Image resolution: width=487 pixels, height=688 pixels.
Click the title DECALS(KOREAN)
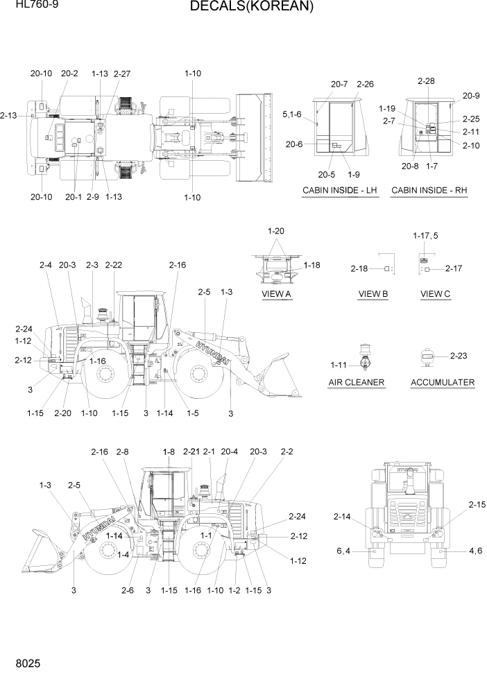click(x=242, y=7)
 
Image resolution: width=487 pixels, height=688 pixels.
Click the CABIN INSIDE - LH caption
click(x=340, y=190)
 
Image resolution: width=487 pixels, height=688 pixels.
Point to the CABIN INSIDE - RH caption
click(x=429, y=190)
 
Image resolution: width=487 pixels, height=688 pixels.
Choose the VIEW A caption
click(x=276, y=294)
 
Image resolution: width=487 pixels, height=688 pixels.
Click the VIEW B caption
click(x=373, y=294)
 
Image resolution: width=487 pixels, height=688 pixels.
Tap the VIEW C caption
click(x=436, y=294)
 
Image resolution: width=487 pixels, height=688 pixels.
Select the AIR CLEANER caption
click(x=357, y=382)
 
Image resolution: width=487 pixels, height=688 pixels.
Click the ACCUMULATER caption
click(x=443, y=382)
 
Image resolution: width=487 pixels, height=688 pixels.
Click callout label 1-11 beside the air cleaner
click(x=339, y=365)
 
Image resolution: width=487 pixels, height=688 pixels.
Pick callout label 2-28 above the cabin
click(x=426, y=81)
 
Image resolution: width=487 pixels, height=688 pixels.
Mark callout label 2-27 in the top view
click(x=121, y=74)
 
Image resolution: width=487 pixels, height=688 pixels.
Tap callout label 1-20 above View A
click(x=276, y=231)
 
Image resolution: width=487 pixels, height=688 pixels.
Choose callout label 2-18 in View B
click(x=359, y=268)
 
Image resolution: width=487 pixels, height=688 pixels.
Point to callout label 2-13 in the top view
click(x=9, y=116)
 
